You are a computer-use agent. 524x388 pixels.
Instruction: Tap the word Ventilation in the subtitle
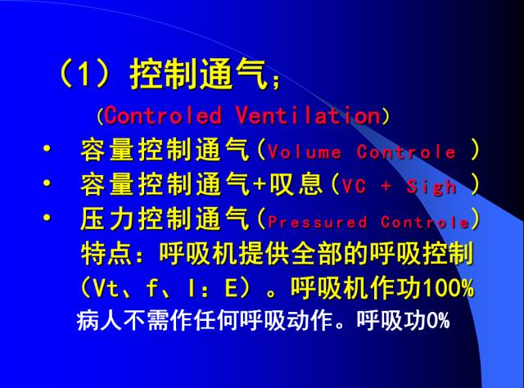pos(307,115)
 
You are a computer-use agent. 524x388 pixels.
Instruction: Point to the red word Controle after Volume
pos(405,153)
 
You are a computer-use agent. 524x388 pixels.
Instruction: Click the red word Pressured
pos(317,222)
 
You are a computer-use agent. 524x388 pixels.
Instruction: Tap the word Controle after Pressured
pos(424,222)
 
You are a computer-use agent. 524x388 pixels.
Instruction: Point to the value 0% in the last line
pos(437,321)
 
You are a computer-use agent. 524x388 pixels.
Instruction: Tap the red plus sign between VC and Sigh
pos(386,187)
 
